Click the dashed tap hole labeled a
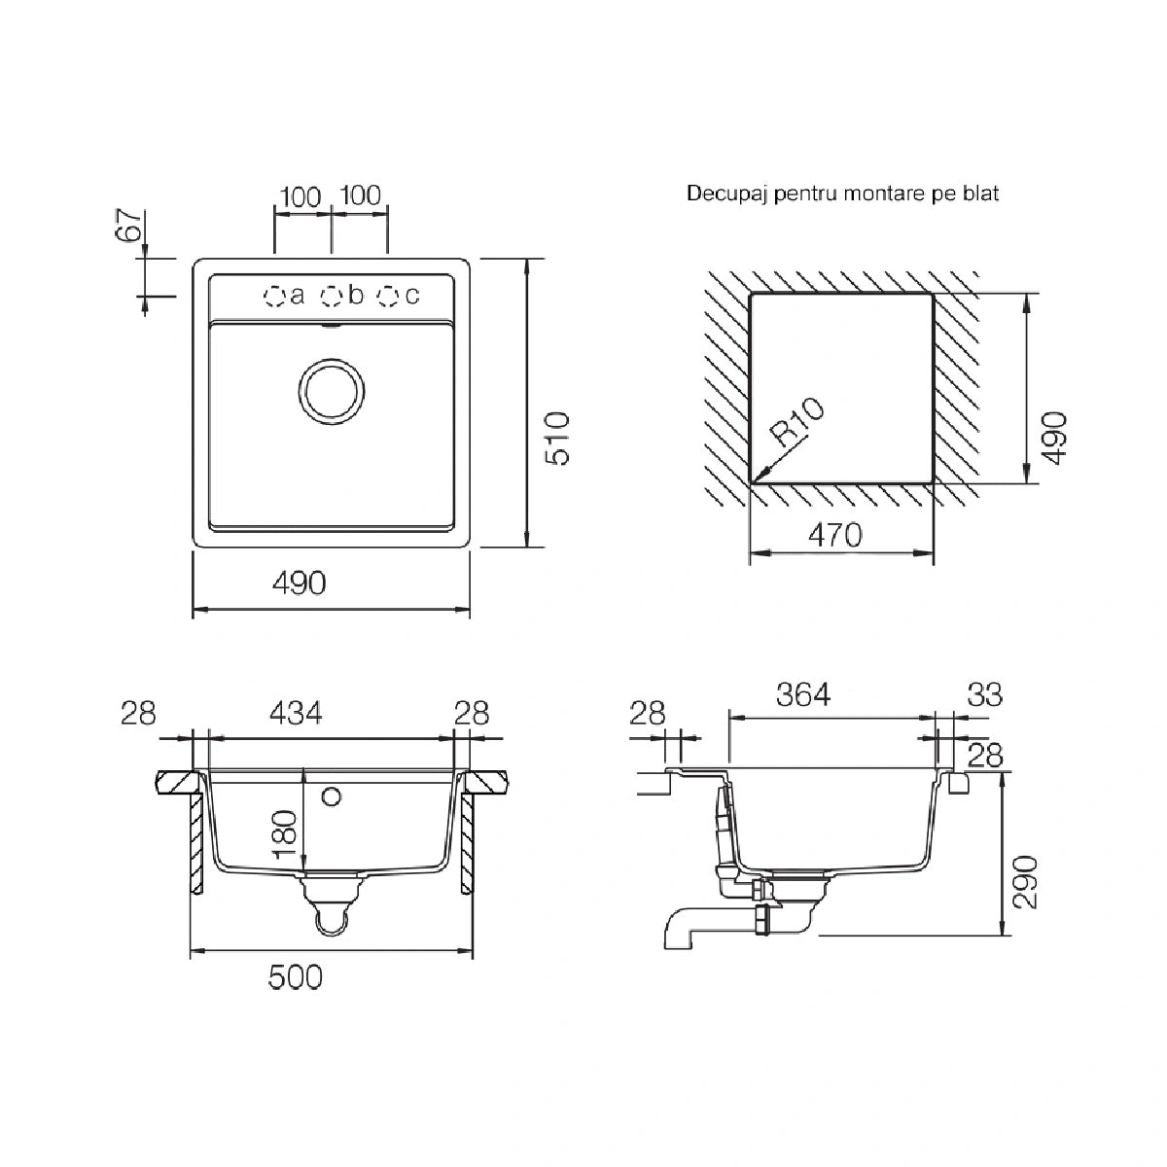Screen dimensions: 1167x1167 (x=274, y=296)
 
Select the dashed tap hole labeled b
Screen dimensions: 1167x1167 (x=332, y=296)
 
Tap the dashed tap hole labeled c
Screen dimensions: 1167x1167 (x=388, y=296)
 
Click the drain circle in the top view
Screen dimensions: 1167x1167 (x=332, y=391)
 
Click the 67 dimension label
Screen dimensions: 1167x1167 (x=128, y=225)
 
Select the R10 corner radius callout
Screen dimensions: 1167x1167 (x=797, y=421)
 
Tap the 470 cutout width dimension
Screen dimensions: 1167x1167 (x=834, y=535)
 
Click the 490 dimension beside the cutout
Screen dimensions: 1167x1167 (x=1055, y=438)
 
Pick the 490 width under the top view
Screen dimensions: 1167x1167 (x=300, y=583)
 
